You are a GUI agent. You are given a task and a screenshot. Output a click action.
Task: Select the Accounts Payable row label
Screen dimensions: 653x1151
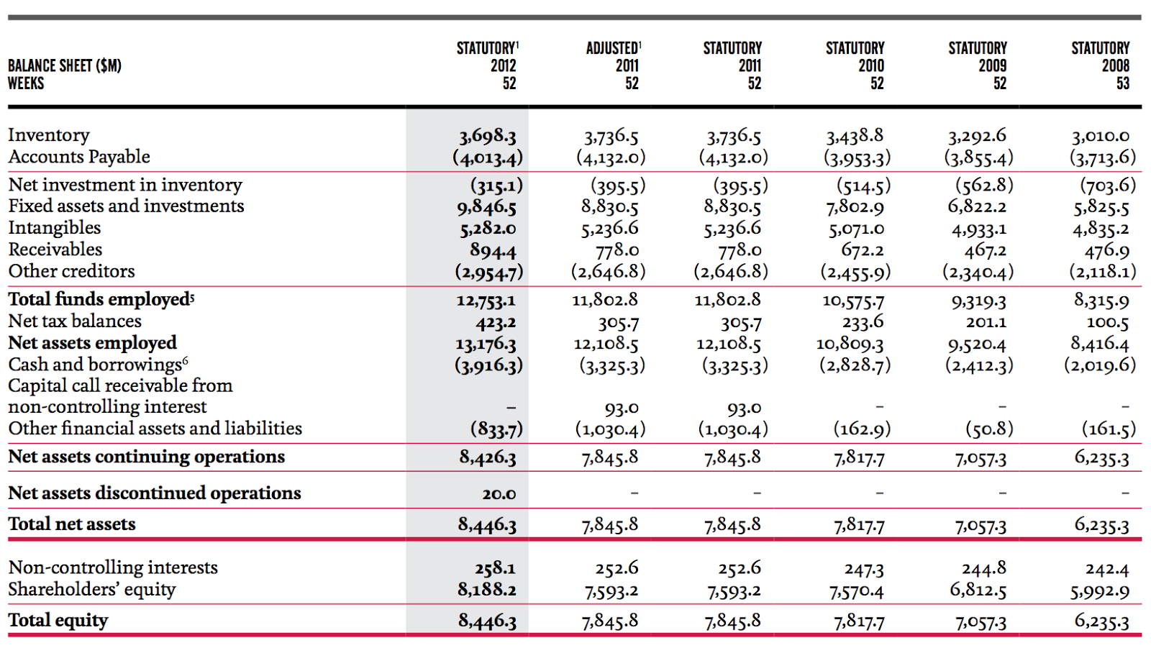(x=79, y=157)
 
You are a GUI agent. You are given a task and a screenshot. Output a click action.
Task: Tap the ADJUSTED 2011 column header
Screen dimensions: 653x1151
(x=613, y=65)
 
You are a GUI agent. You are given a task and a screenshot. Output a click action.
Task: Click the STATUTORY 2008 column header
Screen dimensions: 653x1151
(x=1100, y=65)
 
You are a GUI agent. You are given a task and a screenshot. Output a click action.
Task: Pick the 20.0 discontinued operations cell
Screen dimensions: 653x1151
(x=499, y=494)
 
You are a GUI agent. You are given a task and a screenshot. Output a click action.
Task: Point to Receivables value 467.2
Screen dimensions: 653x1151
(x=985, y=250)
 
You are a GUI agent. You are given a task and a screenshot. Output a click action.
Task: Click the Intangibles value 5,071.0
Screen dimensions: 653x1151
(x=855, y=229)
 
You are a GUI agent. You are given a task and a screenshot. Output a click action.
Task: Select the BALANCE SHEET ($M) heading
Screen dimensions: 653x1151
(x=64, y=65)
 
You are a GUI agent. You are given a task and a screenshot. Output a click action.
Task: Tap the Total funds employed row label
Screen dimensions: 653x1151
(x=101, y=299)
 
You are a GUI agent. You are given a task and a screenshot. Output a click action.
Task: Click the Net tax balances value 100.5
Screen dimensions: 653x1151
(x=1107, y=322)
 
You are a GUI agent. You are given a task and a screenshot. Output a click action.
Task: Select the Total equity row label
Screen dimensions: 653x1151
(x=58, y=620)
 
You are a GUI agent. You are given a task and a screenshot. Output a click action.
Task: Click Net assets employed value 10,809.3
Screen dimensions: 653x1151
(x=850, y=344)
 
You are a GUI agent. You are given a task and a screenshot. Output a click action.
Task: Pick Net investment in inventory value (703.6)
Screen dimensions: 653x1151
(x=1107, y=186)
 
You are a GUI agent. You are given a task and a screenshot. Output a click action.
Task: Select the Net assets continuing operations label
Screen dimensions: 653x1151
(x=146, y=457)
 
